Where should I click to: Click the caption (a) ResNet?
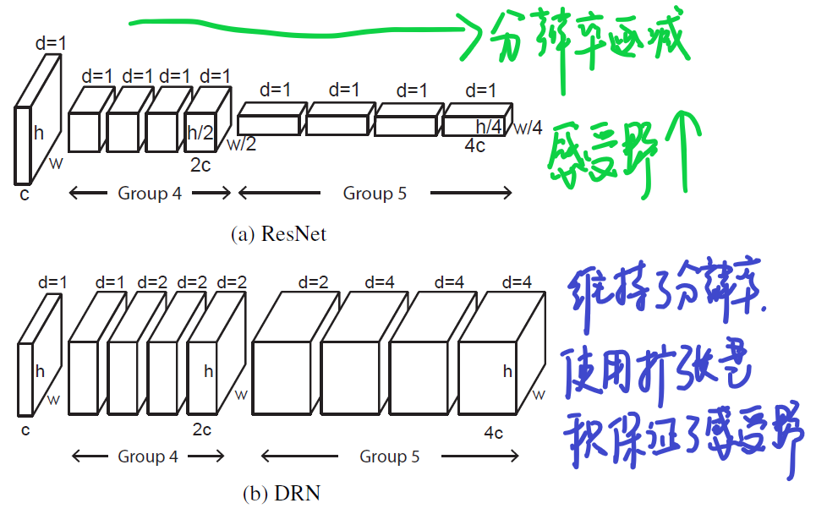pyautogui.click(x=278, y=234)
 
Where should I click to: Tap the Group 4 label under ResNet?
pyautogui.click(x=150, y=194)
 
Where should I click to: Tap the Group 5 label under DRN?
pyautogui.click(x=390, y=457)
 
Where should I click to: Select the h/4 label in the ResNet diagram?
pyautogui.click(x=489, y=127)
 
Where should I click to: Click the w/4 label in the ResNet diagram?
pyautogui.click(x=528, y=128)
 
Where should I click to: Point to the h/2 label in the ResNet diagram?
pyautogui.click(x=200, y=132)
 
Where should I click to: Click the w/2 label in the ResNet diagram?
pyautogui.click(x=241, y=144)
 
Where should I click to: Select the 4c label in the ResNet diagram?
pyautogui.click(x=475, y=145)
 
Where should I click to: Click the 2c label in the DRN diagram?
pyautogui.click(x=201, y=429)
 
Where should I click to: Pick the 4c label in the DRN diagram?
pyautogui.click(x=494, y=433)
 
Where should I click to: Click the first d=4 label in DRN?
pyautogui.click(x=380, y=282)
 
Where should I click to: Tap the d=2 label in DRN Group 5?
pyautogui.click(x=311, y=282)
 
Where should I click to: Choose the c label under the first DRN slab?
pyautogui.click(x=25, y=430)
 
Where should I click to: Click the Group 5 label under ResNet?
pyautogui.click(x=375, y=194)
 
